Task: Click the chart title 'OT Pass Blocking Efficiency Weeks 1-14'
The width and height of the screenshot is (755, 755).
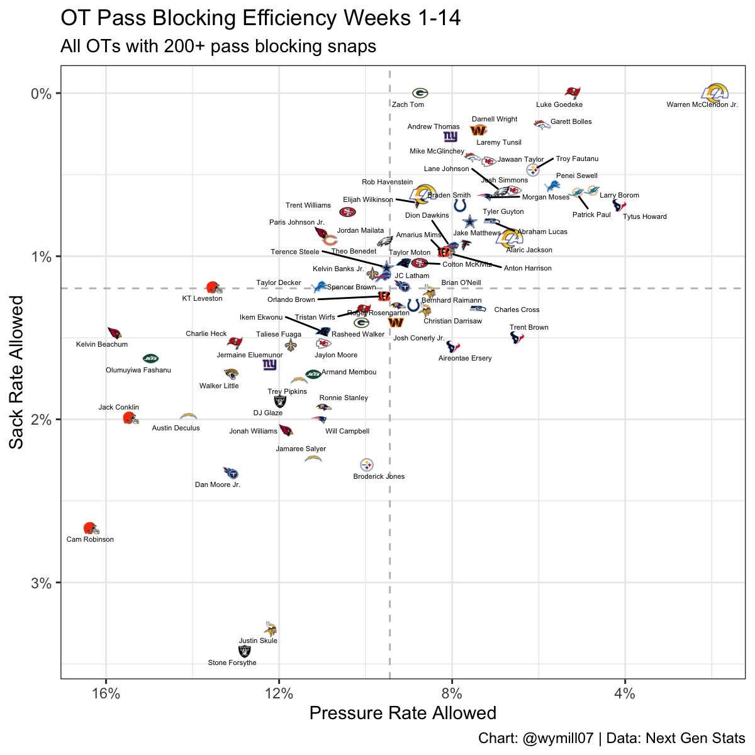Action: (260, 18)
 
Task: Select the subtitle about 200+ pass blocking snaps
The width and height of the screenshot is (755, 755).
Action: (218, 47)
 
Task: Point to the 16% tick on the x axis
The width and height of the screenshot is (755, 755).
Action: (106, 694)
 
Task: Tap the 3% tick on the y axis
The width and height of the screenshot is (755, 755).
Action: (41, 583)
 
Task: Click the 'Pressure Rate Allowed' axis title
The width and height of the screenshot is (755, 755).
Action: (403, 713)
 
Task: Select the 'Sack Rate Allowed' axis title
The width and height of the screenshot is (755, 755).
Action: (17, 372)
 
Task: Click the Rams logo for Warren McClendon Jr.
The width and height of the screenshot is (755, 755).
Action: (715, 94)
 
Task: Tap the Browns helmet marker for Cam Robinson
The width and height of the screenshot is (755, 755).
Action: (91, 528)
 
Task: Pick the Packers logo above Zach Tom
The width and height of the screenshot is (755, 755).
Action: (420, 93)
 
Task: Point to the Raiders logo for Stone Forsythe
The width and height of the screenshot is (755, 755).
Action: (244, 652)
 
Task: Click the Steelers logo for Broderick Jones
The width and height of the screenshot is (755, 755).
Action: (367, 465)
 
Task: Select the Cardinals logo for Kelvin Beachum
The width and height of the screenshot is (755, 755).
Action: (115, 333)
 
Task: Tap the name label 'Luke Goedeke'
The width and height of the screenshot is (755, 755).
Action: (559, 105)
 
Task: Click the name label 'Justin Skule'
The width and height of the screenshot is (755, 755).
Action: (258, 641)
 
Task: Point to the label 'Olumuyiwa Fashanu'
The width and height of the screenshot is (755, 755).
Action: (138, 371)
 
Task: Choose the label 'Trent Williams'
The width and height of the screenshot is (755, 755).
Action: (308, 206)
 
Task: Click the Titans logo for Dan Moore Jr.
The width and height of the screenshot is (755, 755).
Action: (231, 473)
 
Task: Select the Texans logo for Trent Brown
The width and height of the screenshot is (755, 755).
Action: (517, 338)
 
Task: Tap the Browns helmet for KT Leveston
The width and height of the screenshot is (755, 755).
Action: (214, 288)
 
